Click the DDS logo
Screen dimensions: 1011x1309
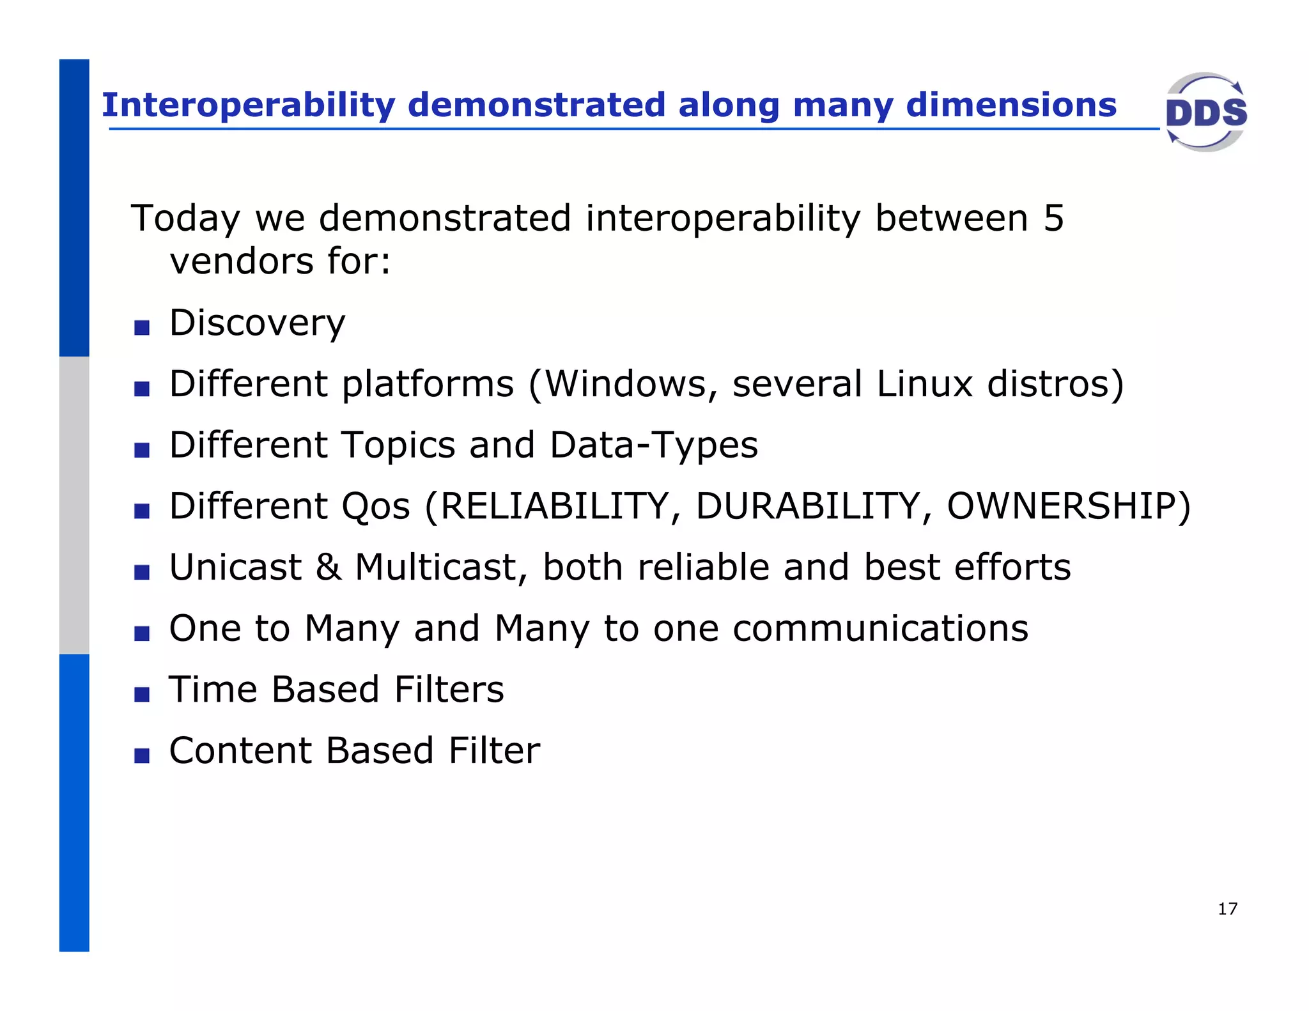click(1205, 112)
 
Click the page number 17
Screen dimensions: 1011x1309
click(1227, 909)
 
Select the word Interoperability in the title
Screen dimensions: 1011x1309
click(249, 105)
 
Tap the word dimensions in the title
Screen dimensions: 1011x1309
click(1011, 105)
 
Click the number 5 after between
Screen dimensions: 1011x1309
click(1053, 219)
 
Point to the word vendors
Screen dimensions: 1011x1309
click(242, 261)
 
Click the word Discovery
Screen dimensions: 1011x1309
click(257, 323)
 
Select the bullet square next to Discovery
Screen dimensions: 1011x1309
click(142, 328)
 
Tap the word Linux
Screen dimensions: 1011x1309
click(924, 384)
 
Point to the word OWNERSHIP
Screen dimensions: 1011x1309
click(1061, 506)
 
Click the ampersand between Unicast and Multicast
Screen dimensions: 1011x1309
click(329, 567)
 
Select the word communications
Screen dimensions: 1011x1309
click(880, 629)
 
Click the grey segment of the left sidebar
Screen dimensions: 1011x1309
click(74, 505)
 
